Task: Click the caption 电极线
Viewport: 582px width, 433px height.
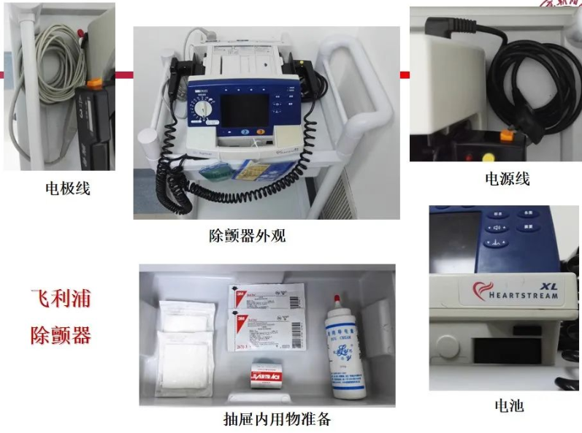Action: (x=67, y=188)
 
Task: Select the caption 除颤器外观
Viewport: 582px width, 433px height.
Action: (x=250, y=235)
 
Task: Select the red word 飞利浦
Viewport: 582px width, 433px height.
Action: (x=61, y=300)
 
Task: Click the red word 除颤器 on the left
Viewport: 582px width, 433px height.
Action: (x=61, y=336)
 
